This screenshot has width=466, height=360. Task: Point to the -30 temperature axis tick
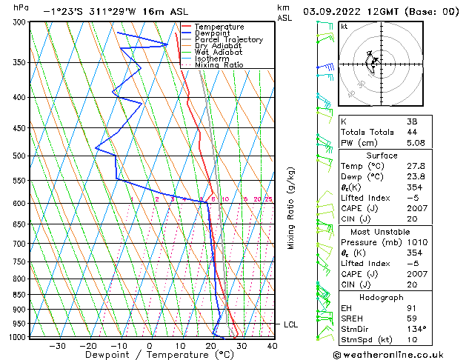coord(57,345)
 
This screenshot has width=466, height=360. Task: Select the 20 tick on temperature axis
coord(211,345)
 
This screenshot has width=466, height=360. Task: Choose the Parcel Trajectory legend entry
coord(228,40)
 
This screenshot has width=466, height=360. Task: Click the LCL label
coord(291,324)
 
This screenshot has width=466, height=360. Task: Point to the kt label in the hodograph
coord(344,27)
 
